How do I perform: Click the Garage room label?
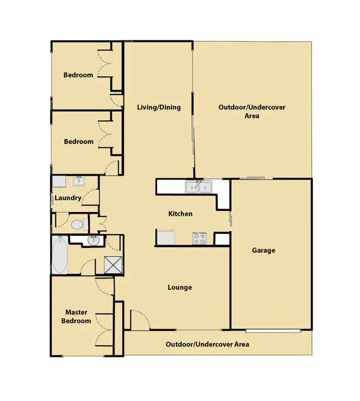(x=264, y=250)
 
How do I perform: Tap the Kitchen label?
(x=180, y=213)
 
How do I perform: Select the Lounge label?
(x=180, y=287)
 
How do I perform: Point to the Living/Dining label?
(x=158, y=107)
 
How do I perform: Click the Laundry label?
(x=68, y=198)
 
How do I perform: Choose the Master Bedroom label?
(x=76, y=317)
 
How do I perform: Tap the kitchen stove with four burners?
(x=199, y=238)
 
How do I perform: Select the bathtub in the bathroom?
(x=60, y=256)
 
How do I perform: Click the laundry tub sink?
(x=79, y=181)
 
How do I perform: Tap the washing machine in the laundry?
(x=60, y=182)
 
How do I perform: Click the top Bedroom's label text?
(x=78, y=75)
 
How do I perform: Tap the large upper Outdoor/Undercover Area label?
(x=252, y=111)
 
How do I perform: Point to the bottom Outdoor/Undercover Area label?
(x=207, y=344)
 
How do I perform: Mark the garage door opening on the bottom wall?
(x=273, y=330)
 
